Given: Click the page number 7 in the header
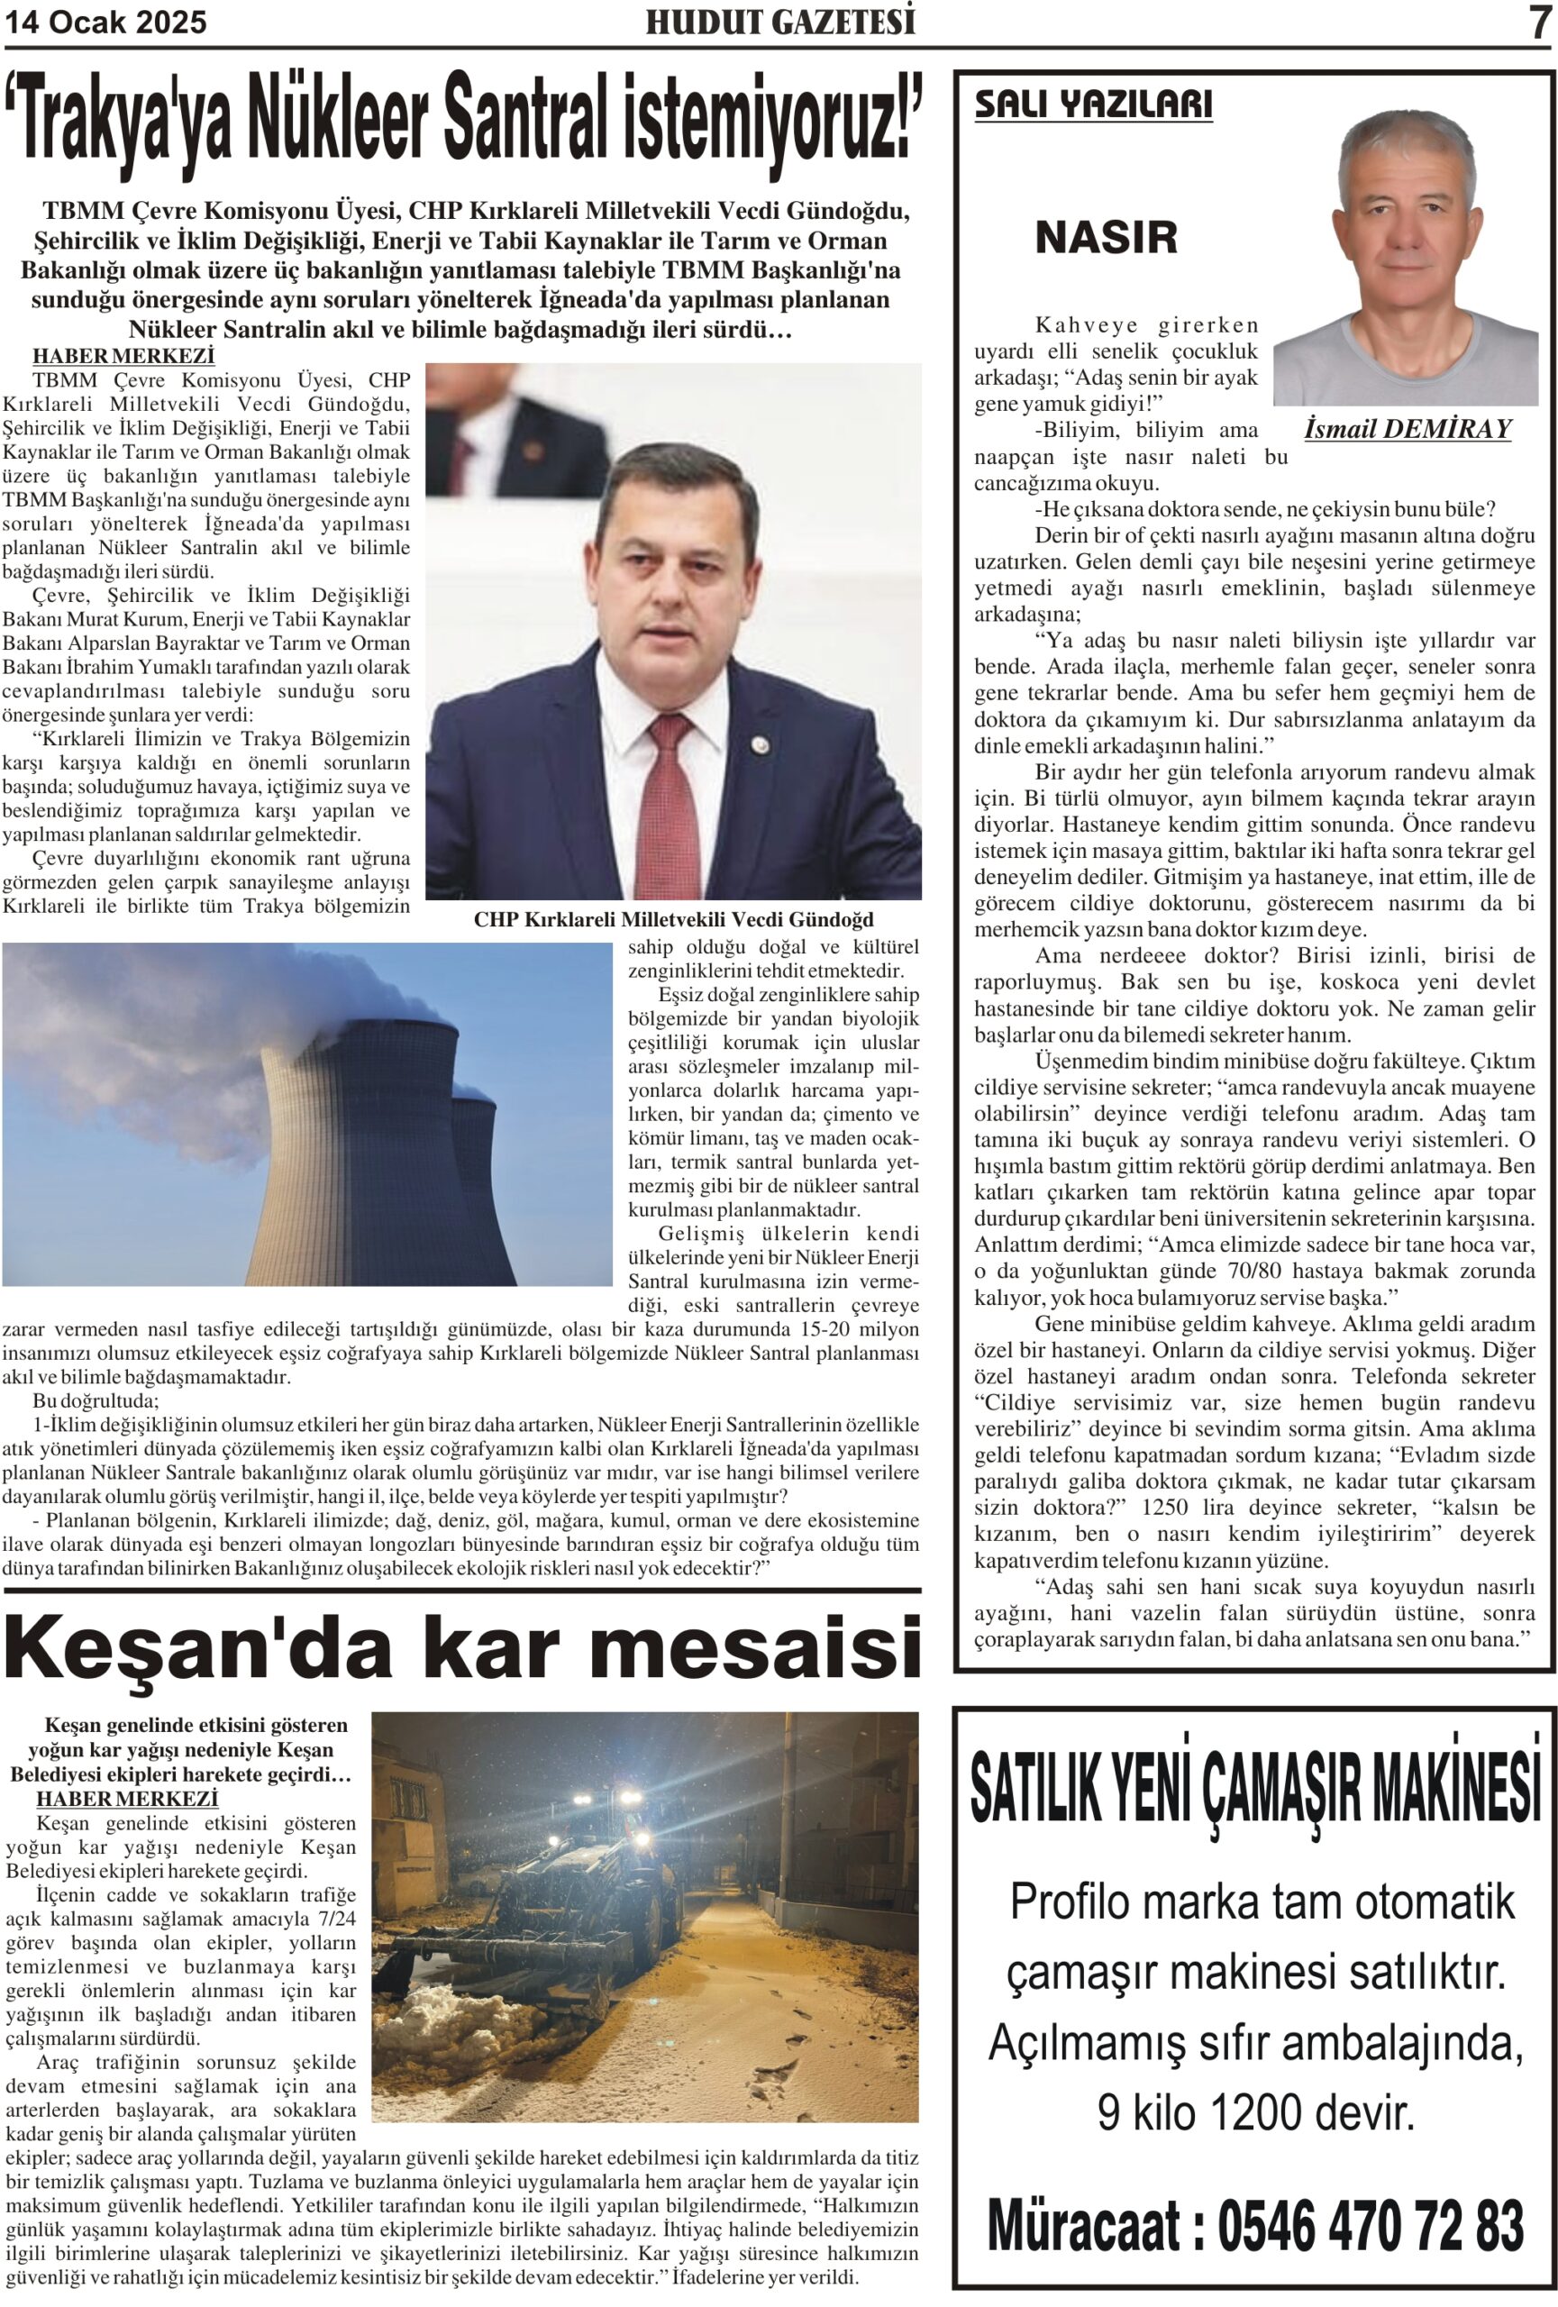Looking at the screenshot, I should pos(1537,22).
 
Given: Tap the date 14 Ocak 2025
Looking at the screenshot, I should pos(106,22).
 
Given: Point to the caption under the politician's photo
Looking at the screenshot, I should pos(673,919).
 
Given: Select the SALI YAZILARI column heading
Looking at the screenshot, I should pos(1093,105).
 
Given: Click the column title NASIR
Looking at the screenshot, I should pos(1106,238).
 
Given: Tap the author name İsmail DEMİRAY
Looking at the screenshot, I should pos(1407,429).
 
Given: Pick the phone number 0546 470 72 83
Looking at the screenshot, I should pos(1370,2226).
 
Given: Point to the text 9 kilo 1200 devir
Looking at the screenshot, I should pos(1254,2111).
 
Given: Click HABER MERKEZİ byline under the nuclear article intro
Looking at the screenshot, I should pos(123,356).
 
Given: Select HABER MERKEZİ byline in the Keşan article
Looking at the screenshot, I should pos(127,1799).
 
